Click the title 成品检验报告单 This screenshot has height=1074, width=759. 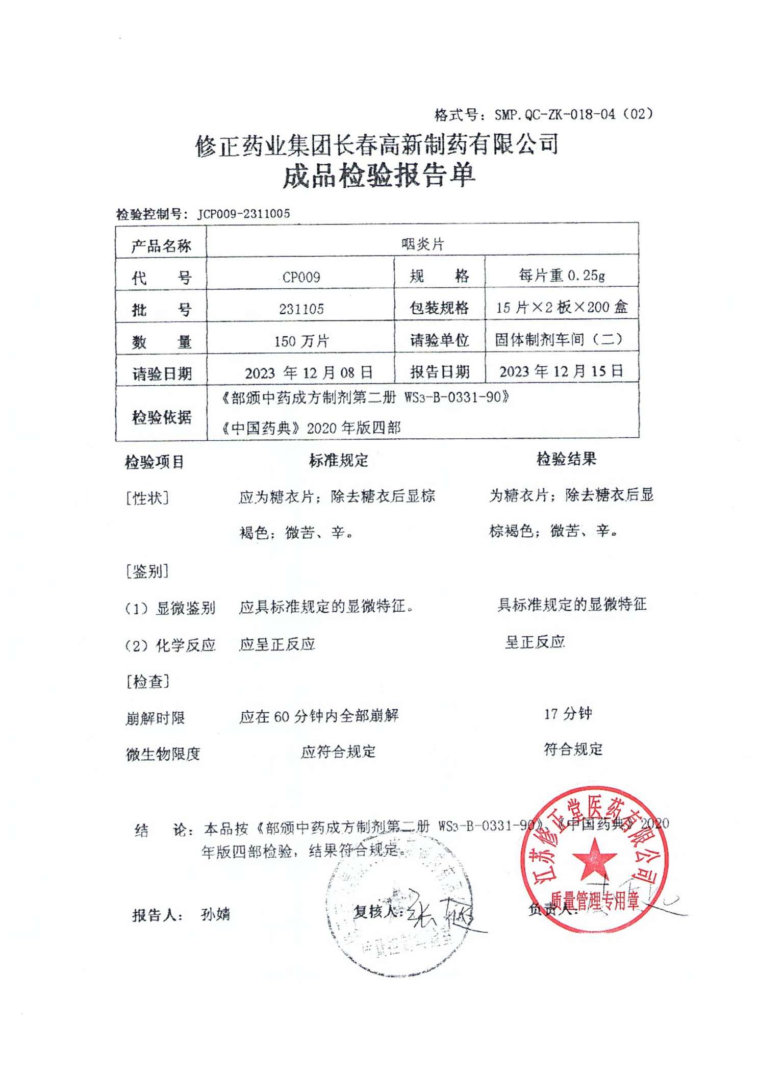point(379,176)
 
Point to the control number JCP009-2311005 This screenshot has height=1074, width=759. point(243,214)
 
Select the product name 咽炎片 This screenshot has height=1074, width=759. point(422,244)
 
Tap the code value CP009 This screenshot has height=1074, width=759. point(301,277)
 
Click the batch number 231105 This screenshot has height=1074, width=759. point(301,309)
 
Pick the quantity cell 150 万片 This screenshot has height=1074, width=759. point(301,341)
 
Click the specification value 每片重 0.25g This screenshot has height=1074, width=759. point(562,276)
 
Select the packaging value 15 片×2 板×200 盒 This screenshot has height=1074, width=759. point(562,307)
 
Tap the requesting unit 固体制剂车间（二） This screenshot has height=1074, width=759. point(559,339)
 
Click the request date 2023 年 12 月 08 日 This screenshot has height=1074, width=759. point(309,372)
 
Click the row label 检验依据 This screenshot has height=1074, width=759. point(161,417)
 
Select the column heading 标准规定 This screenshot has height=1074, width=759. point(338,460)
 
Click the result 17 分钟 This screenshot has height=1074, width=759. point(567,713)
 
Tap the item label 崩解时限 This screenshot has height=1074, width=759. point(155,718)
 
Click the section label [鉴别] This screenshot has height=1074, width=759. point(147,571)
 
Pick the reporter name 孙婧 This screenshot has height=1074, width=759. point(215,914)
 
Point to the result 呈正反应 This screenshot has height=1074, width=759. point(535,641)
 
